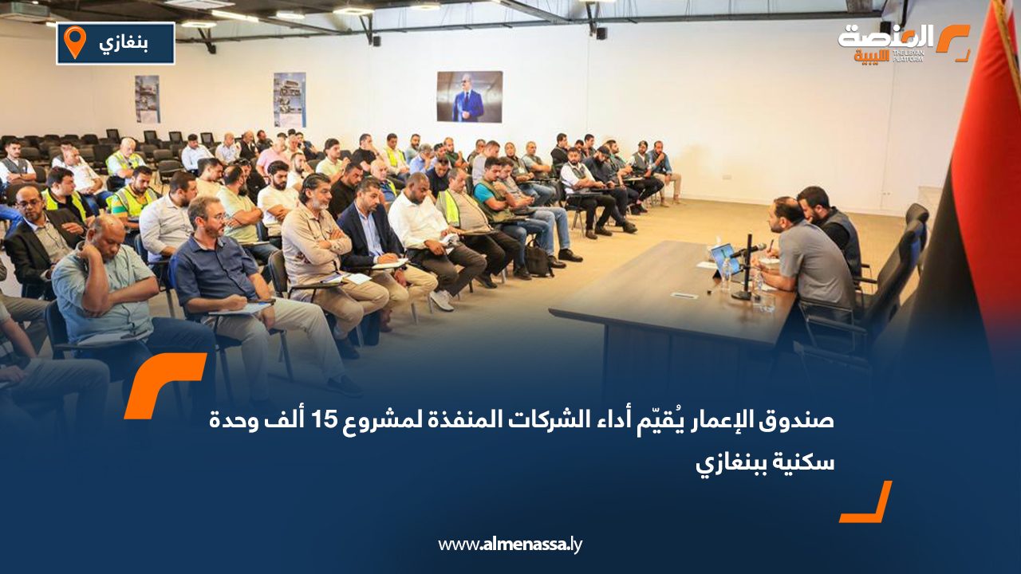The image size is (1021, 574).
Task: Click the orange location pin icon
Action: [74, 41]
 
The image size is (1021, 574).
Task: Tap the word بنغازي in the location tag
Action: [124, 43]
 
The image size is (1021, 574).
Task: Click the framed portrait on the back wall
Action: [469, 96]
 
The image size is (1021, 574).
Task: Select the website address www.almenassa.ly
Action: [510, 545]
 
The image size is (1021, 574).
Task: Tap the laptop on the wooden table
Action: [724, 259]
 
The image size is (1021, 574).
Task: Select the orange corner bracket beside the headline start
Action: [164, 384]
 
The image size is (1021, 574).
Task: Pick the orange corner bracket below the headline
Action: [867, 503]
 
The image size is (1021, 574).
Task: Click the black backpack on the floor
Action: [538, 261]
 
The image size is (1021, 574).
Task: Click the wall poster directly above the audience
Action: [289, 100]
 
